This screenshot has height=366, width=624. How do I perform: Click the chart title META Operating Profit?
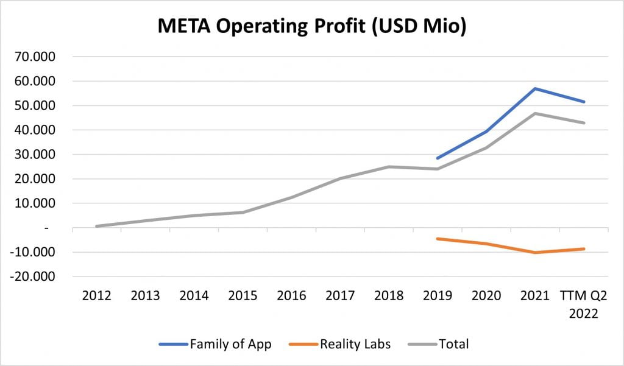(312, 27)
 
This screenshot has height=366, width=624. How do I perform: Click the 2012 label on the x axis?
(96, 296)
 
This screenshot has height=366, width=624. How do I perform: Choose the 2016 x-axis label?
(291, 296)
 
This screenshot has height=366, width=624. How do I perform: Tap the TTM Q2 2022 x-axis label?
(584, 304)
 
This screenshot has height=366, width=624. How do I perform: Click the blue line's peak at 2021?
(535, 88)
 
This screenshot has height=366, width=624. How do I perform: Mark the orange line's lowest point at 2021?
(535, 252)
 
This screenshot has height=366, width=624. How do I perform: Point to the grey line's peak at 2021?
(535, 113)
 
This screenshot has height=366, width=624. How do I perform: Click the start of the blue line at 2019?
(438, 158)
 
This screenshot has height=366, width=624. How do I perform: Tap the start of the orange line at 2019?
(438, 239)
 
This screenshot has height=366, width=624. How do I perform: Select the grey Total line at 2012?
(96, 226)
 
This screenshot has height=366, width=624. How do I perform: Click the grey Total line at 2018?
(389, 167)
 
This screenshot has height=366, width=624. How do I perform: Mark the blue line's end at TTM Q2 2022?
(584, 102)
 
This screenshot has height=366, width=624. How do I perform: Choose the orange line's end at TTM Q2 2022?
(584, 248)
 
